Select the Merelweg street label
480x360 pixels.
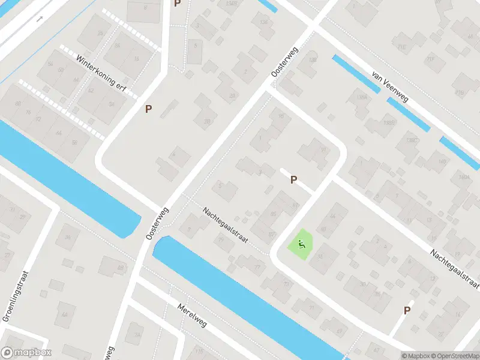point(192,316)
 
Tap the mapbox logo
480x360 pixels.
point(26,353)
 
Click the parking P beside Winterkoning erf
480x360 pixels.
point(148,109)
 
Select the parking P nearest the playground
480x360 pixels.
point(294,179)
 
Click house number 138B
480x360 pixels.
point(389,123)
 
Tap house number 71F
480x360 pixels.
point(430,59)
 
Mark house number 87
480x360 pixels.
point(295,205)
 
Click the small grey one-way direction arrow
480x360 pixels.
point(40,19)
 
